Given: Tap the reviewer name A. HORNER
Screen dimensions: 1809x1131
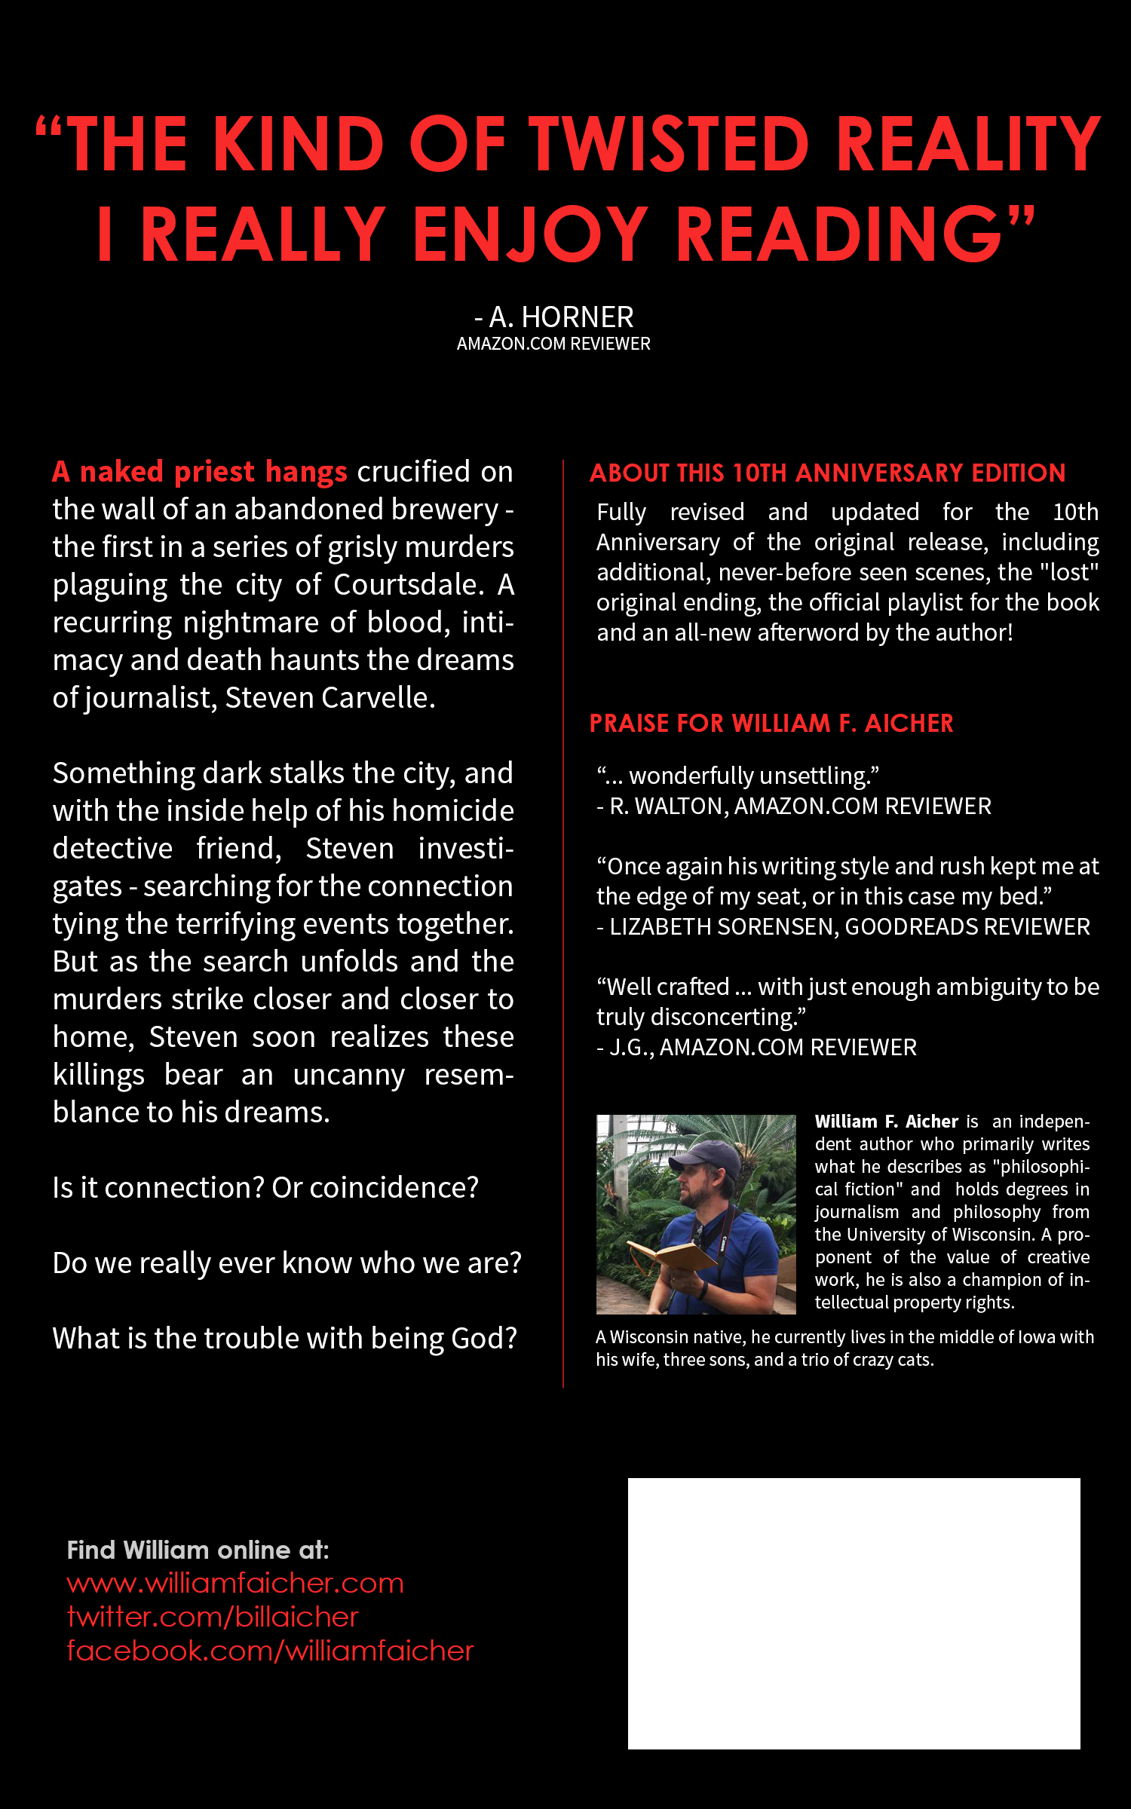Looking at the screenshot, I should [561, 317].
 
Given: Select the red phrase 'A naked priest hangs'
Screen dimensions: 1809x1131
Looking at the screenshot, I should [200, 472].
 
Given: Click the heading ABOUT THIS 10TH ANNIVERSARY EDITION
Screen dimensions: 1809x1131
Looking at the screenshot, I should [827, 473].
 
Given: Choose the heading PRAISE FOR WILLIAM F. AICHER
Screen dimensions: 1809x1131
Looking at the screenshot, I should [771, 724].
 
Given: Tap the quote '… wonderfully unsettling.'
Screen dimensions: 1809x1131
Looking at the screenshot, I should [738, 776].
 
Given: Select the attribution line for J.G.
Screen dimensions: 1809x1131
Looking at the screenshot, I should [756, 1048].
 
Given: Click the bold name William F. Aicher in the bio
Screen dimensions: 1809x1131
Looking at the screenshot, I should [886, 1122].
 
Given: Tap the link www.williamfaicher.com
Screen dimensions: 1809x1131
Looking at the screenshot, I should [235, 1583].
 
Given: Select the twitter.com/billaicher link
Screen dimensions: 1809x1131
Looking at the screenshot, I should [213, 1617].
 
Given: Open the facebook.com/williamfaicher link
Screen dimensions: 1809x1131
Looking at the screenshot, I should [270, 1651].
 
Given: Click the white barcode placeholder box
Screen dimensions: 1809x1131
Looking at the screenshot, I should [854, 1613].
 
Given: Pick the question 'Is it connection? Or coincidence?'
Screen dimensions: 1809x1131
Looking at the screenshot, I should [265, 1188].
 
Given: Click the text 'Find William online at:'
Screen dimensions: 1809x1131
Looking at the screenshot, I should [198, 1550].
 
